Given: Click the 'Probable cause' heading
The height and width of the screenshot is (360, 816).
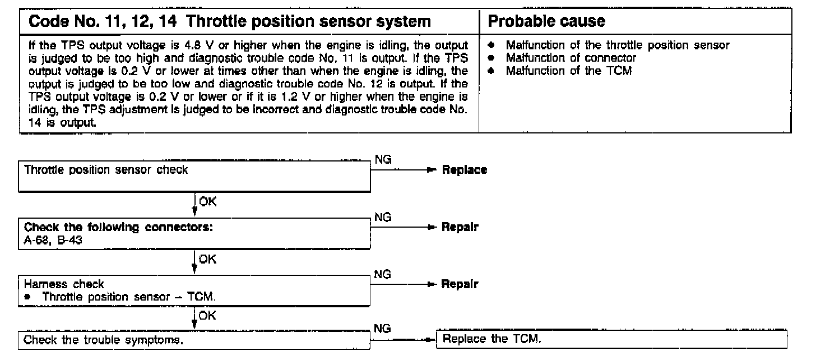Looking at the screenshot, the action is tap(546, 22).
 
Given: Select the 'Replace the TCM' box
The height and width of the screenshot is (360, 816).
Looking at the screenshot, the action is tap(611, 339).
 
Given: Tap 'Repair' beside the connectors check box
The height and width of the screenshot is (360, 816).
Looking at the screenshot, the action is tap(460, 228).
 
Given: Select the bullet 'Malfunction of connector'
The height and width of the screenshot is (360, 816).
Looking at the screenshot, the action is tap(571, 58).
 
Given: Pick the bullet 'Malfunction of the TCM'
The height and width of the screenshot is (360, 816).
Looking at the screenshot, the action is tap(568, 71).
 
